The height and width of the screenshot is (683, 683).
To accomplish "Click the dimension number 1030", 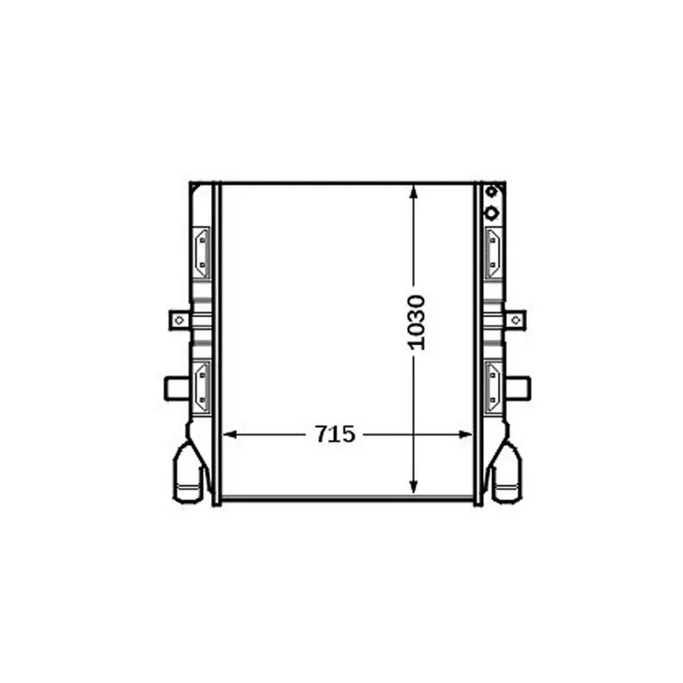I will tap(416, 322).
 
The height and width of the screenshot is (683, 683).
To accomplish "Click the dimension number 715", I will tap(335, 435).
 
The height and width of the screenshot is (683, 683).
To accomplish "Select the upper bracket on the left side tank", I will tap(201, 252).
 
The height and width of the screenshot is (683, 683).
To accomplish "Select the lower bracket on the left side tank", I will tap(201, 385).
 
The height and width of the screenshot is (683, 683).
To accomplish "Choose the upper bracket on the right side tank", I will tap(493, 252).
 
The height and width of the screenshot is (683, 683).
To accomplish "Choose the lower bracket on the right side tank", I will tap(493, 385).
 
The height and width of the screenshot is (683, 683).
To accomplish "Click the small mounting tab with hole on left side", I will tap(178, 320).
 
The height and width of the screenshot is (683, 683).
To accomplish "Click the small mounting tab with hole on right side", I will tap(517, 320).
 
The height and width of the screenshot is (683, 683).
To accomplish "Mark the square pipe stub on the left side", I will tap(176, 388).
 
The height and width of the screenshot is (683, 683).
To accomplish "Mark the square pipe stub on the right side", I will tap(518, 388).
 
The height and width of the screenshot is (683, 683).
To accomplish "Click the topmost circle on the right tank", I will tap(491, 192).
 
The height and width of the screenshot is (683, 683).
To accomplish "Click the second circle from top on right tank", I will tap(491, 213).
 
